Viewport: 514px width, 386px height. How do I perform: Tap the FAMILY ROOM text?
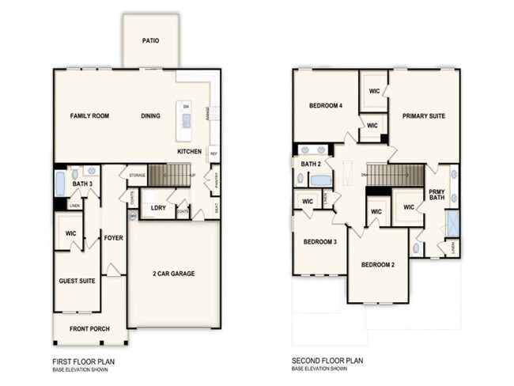pos(89,116)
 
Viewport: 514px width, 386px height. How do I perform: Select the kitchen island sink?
pos(187,121)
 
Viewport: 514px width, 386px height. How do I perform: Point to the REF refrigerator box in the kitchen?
pos(214,153)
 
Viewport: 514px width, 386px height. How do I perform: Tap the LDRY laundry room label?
pos(157,209)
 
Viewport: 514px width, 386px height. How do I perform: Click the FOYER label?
pos(114,237)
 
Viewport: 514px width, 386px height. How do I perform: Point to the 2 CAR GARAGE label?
pos(173,274)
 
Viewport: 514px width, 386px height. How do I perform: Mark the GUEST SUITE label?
pos(77,280)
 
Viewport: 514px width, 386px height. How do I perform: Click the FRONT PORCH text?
pos(89,328)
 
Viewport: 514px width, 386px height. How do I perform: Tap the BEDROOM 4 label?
pos(325,105)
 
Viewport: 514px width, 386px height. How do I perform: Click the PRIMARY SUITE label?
pos(423,116)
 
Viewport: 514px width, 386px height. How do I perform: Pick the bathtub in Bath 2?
pos(320,180)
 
